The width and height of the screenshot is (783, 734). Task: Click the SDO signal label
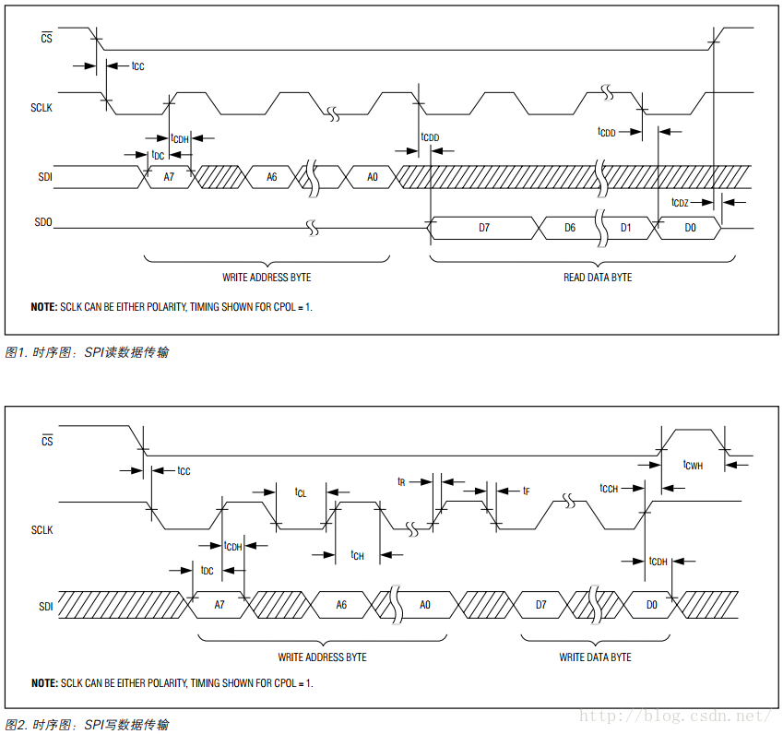[43, 223]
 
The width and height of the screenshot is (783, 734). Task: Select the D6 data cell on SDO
[570, 227]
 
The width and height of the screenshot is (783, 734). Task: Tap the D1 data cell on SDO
[626, 227]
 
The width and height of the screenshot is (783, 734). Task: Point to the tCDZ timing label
[680, 202]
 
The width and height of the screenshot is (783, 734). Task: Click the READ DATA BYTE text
[598, 277]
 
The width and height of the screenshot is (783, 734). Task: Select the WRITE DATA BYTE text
[595, 657]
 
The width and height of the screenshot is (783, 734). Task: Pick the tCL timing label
[301, 492]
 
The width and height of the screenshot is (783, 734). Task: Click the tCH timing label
[358, 555]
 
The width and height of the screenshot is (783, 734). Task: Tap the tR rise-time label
[402, 481]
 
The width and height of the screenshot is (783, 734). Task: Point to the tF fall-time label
[526, 491]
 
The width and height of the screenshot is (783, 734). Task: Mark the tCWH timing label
[693, 466]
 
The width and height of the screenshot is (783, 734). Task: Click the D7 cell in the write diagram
[540, 605]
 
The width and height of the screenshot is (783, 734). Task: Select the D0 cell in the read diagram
[691, 227]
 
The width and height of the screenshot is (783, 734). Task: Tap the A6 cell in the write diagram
[341, 605]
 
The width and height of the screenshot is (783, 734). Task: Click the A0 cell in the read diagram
[373, 176]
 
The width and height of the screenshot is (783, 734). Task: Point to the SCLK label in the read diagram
[42, 108]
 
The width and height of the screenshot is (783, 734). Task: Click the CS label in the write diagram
[47, 441]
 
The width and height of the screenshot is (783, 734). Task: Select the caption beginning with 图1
[87, 352]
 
